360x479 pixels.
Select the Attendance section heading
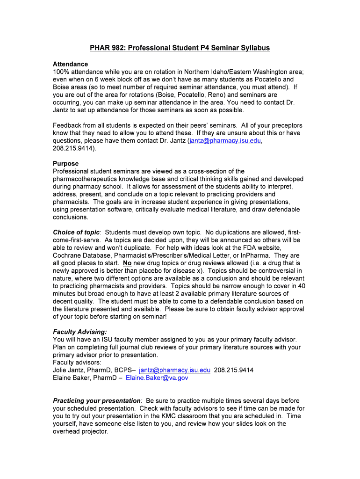pos(70,64)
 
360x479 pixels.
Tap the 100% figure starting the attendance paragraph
pos(61,72)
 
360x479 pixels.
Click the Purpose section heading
pos(65,164)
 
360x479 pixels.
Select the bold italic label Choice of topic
pos(76,232)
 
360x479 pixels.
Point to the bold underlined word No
pos(127,263)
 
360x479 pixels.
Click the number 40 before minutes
pos(301,286)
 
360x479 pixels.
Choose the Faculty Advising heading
pos(80,332)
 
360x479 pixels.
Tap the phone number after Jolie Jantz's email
pos(234,370)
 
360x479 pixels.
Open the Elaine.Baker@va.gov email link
pos(157,378)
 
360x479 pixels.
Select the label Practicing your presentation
pos(97,401)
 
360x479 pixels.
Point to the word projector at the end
pos(94,431)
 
